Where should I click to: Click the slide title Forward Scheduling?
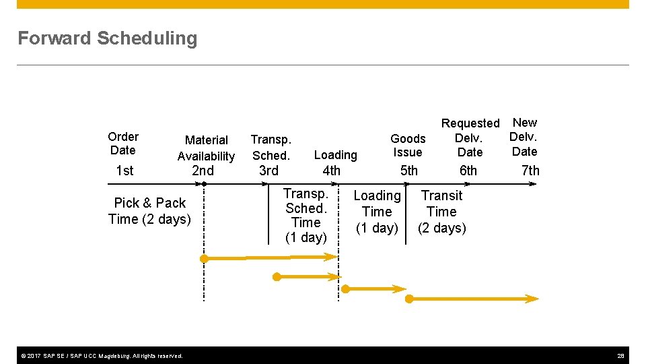pyautogui.click(x=108, y=38)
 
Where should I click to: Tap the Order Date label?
pyautogui.click(x=123, y=144)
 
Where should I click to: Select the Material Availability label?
pyautogui.click(x=206, y=148)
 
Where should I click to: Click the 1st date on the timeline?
pyautogui.click(x=124, y=171)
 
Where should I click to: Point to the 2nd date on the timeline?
pyautogui.click(x=203, y=171)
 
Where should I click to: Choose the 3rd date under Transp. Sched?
pyautogui.click(x=268, y=171)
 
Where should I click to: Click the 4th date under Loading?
pyautogui.click(x=331, y=171)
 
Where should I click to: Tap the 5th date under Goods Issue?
pyautogui.click(x=408, y=171)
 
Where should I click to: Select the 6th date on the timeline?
pyautogui.click(x=468, y=171)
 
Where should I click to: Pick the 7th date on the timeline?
pyautogui.click(x=530, y=171)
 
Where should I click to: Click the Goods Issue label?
pyautogui.click(x=408, y=146)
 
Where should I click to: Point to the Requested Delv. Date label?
pyautogui.click(x=470, y=138)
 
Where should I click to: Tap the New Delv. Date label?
pyautogui.click(x=524, y=137)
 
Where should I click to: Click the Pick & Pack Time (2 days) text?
pyautogui.click(x=149, y=211)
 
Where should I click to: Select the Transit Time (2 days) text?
pyautogui.click(x=441, y=212)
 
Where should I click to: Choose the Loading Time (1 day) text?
pyautogui.click(x=377, y=212)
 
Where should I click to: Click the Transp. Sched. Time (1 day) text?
pyautogui.click(x=306, y=216)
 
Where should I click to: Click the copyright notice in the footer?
pyautogui.click(x=100, y=355)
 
